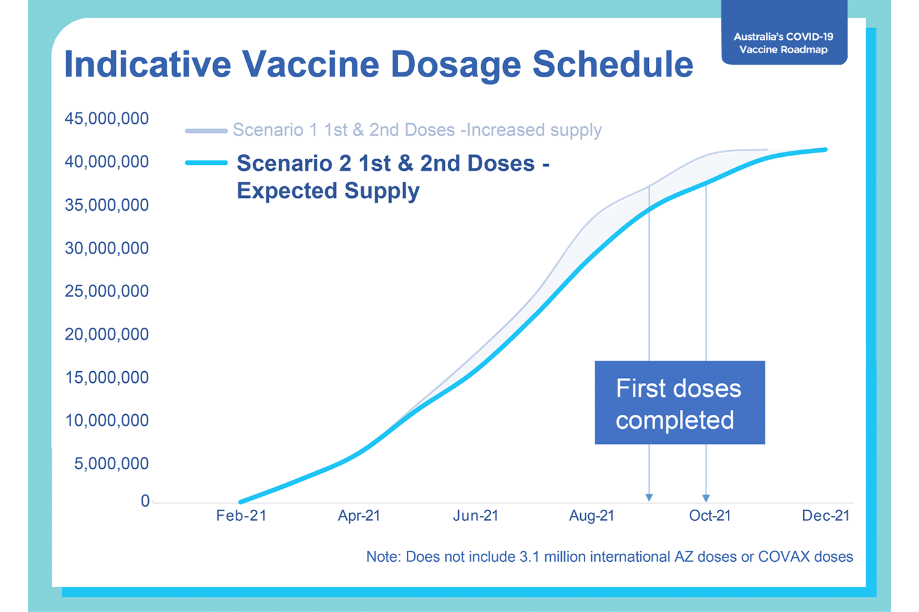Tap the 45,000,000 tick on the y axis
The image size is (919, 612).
coord(107,119)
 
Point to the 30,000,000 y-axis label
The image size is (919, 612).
coord(107,248)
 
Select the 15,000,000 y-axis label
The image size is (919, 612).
coord(107,377)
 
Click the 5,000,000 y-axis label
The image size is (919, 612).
coord(111,464)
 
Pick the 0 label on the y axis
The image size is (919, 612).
coord(145,501)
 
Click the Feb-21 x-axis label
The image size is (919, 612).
coord(241,516)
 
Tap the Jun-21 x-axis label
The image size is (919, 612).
coord(475,516)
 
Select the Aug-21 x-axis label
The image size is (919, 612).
coord(592,516)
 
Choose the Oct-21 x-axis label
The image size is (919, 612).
coord(709,516)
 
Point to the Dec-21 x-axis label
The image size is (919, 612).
coord(825,516)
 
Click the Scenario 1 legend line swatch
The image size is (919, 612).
coord(206,131)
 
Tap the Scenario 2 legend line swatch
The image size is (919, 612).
coord(206,163)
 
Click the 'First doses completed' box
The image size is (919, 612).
coord(680,402)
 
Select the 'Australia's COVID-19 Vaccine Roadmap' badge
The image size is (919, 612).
coord(784,32)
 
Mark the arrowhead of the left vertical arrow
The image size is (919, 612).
coord(649,498)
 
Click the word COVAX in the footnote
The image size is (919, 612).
coord(784,557)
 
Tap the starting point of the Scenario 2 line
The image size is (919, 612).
coord(240,502)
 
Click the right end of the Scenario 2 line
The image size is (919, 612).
coord(826,149)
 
